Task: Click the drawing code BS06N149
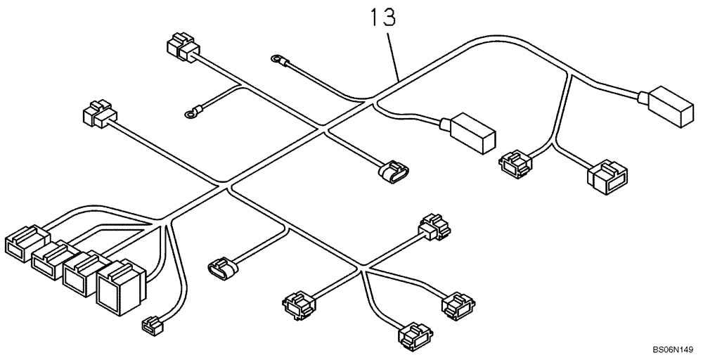click(673, 349)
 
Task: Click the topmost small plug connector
click(182, 47)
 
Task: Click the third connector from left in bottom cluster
click(81, 270)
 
